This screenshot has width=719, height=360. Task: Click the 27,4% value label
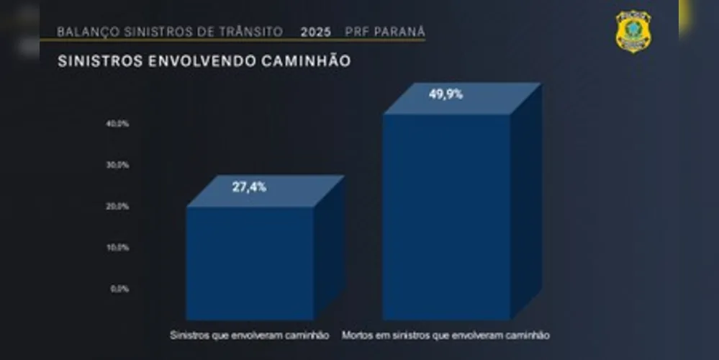coord(249,187)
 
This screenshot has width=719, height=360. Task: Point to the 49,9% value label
coord(446,94)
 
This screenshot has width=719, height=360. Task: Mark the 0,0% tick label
coord(120,289)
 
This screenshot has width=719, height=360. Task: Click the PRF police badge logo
coord(633,31)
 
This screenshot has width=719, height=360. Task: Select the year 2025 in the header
coord(317,32)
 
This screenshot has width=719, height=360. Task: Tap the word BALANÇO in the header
coord(83,32)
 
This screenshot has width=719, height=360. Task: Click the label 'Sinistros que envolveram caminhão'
coord(249,336)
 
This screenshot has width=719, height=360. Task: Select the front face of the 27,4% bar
coord(250,263)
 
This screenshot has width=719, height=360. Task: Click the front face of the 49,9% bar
coord(446,216)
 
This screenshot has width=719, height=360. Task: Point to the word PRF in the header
coord(356,32)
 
